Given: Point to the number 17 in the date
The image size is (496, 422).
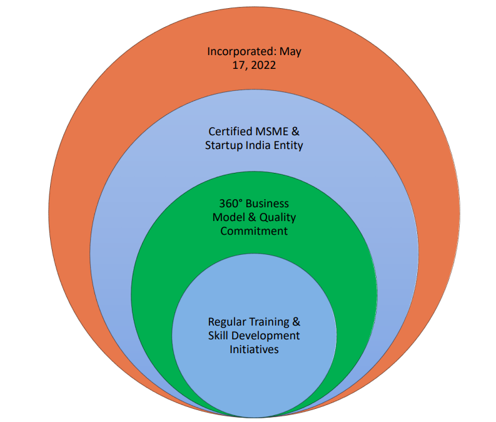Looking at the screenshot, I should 237,66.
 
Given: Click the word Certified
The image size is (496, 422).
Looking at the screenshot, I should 230,132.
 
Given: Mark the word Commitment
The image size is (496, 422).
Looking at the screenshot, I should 254,231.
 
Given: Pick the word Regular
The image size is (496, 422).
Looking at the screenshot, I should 226,322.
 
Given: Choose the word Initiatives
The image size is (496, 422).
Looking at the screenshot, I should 254,349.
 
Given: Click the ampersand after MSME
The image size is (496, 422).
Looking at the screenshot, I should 296,132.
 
